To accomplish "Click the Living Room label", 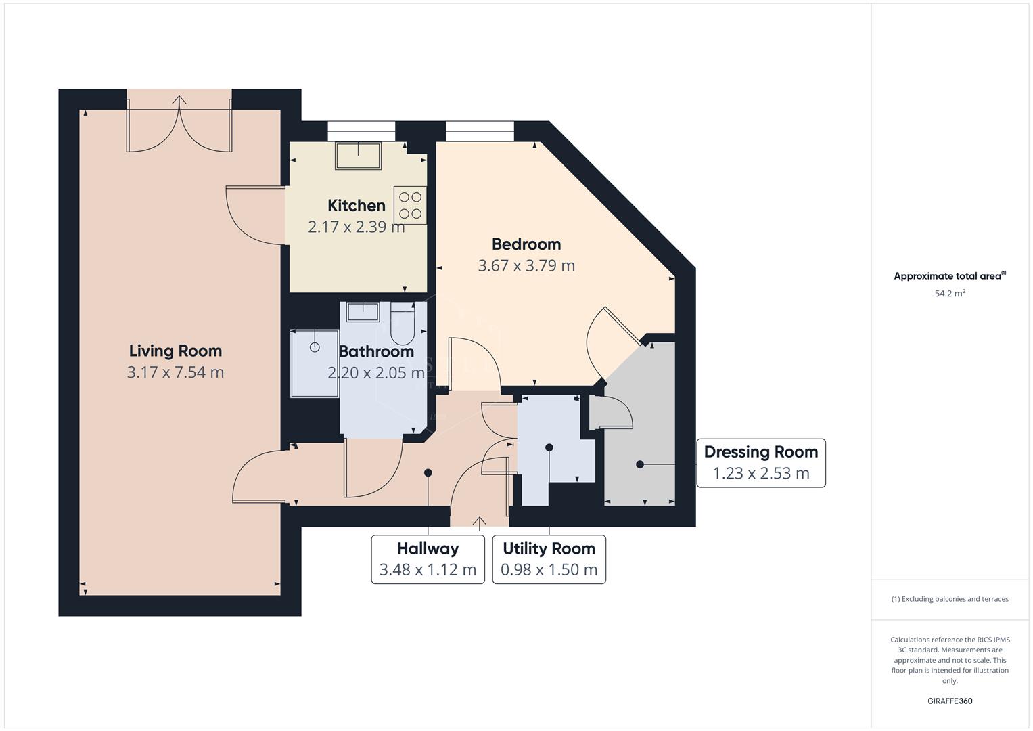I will pyautogui.click(x=175, y=351).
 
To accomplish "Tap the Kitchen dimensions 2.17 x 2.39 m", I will pyautogui.click(x=356, y=227).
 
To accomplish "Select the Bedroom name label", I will pyautogui.click(x=526, y=244).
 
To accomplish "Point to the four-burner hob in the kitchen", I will pyautogui.click(x=410, y=205).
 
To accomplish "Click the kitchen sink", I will pyautogui.click(x=358, y=156).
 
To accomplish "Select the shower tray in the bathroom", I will pyautogui.click(x=315, y=363).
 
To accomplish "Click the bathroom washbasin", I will pyautogui.click(x=363, y=312).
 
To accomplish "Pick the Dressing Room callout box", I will pyautogui.click(x=760, y=463).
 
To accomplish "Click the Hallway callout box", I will pyautogui.click(x=428, y=559).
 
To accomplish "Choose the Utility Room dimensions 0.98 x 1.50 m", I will pyautogui.click(x=549, y=570).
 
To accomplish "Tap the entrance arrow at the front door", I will pyautogui.click(x=479, y=522).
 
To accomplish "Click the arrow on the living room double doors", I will pyautogui.click(x=179, y=102).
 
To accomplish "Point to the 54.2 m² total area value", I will pyautogui.click(x=949, y=294).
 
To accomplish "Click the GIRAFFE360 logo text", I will pyautogui.click(x=949, y=701).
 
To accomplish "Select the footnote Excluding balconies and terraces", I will pyautogui.click(x=949, y=599).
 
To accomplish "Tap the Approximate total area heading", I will pyautogui.click(x=949, y=276).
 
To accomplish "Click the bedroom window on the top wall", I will pyautogui.click(x=480, y=131).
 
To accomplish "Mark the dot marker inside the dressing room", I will pyautogui.click(x=639, y=464).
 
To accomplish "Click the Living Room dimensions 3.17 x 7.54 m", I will pyautogui.click(x=175, y=372).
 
